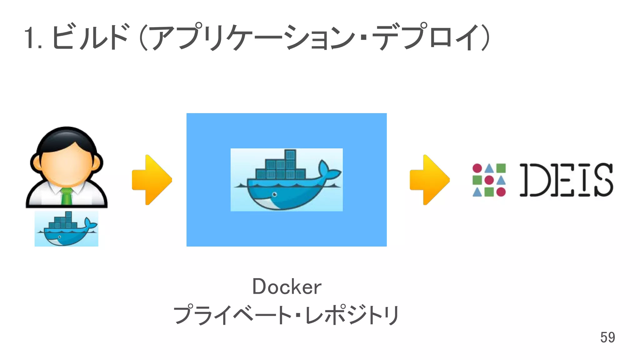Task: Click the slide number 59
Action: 607,337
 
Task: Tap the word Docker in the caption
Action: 287,287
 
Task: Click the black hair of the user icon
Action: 66,137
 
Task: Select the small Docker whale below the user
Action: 66,229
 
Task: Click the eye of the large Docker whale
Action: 274,194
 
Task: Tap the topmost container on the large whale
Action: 290,154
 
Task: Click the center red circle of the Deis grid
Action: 489,180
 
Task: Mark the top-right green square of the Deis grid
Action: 501,168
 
